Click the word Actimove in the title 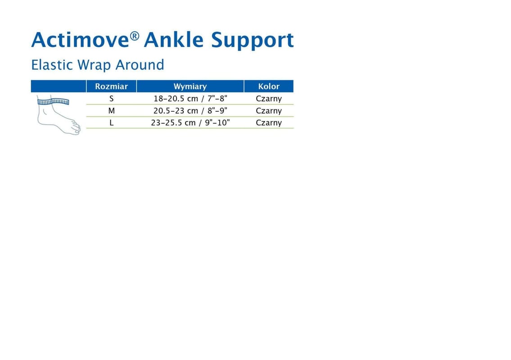pyautogui.click(x=81, y=40)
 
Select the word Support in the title pyautogui.click(x=252, y=40)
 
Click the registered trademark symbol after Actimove pyautogui.click(x=135, y=36)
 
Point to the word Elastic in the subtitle pyautogui.click(x=52, y=65)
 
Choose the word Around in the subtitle pyautogui.click(x=140, y=65)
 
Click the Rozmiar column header pyautogui.click(x=111, y=86)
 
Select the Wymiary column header pyautogui.click(x=190, y=87)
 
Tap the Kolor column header pyautogui.click(x=268, y=86)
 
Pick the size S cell pyautogui.click(x=112, y=99)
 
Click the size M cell pyautogui.click(x=112, y=111)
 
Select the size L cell pyautogui.click(x=112, y=123)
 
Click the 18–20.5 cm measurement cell pyautogui.click(x=190, y=99)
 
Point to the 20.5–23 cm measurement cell pyautogui.click(x=190, y=111)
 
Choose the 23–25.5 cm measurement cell pyautogui.click(x=190, y=123)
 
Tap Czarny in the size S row pyautogui.click(x=268, y=99)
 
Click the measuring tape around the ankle pyautogui.click(x=53, y=102)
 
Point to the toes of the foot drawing pyautogui.click(x=76, y=127)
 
